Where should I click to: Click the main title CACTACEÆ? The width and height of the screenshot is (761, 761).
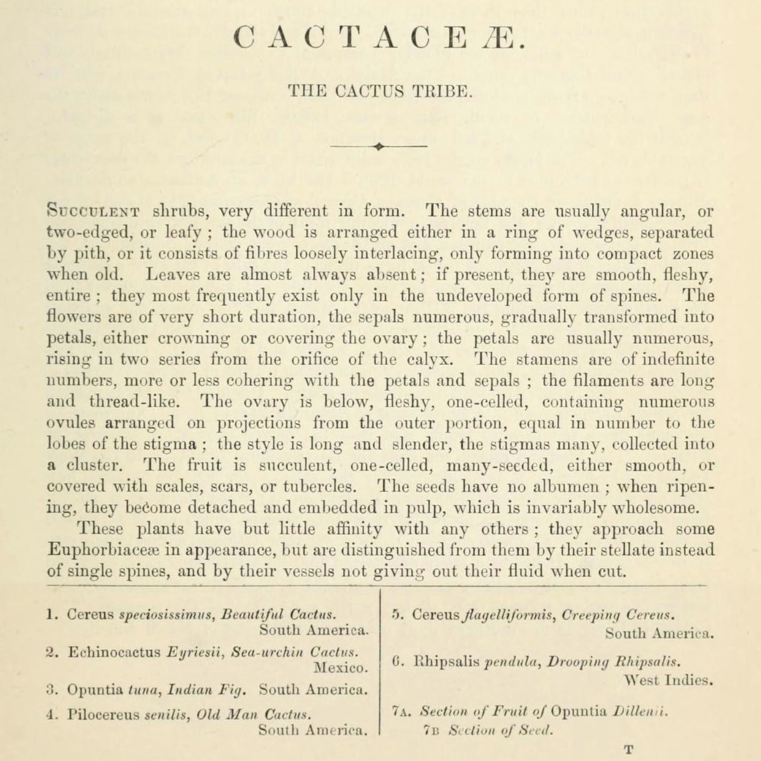coord(380,39)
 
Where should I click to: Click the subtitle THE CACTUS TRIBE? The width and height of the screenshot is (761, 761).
coord(380,91)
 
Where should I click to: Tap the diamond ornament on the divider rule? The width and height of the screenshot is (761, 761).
coord(379,146)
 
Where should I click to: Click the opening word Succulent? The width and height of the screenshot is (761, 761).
coord(92,211)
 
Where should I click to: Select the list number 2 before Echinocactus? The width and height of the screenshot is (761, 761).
coord(50,653)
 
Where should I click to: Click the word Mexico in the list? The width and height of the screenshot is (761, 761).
coord(341,667)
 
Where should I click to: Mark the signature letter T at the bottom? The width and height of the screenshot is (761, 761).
coord(628,749)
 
